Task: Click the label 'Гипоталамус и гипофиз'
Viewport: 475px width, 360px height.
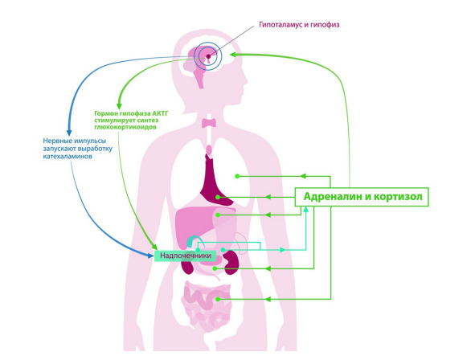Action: pyautogui.click(x=299, y=25)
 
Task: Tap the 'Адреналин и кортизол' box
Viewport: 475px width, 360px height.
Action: pyautogui.click(x=362, y=197)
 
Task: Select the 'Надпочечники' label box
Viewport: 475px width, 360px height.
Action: pyautogui.click(x=186, y=256)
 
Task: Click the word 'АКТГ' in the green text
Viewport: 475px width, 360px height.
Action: pyautogui.click(x=160, y=113)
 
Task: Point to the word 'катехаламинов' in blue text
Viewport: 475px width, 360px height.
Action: pyautogui.click(x=68, y=157)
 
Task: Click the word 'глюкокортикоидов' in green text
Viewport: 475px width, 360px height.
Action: pyautogui.click(x=125, y=127)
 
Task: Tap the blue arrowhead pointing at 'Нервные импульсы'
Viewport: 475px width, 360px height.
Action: pyautogui.click(x=69, y=133)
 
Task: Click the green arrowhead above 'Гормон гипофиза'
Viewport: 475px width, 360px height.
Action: pyautogui.click(x=119, y=105)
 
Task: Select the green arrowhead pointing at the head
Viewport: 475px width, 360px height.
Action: pyautogui.click(x=233, y=55)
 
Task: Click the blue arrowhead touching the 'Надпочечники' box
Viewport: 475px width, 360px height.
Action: pyautogui.click(x=150, y=256)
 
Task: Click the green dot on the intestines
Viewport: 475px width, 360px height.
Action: pyautogui.click(x=217, y=299)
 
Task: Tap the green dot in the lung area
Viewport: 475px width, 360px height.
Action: pyautogui.click(x=237, y=176)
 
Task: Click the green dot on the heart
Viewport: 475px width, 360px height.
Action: pyautogui.click(x=218, y=197)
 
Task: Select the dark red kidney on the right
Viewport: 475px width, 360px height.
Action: pyautogui.click(x=231, y=263)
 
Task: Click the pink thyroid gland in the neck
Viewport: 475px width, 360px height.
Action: pyautogui.click(x=209, y=123)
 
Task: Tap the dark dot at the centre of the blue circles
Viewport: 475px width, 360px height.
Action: pyautogui.click(x=208, y=56)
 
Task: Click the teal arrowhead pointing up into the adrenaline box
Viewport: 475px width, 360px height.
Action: pyautogui.click(x=306, y=209)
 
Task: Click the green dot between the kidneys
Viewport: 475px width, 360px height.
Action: pyautogui.click(x=215, y=268)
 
